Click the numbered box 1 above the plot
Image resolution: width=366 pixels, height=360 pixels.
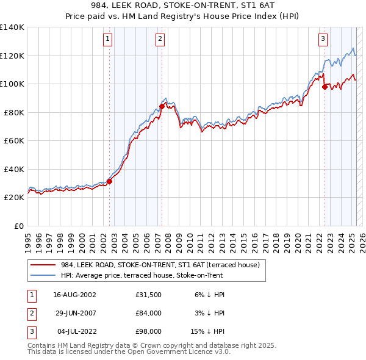pyautogui.click(x=107, y=40)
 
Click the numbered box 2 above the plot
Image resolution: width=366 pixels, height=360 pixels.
pyautogui.click(x=160, y=40)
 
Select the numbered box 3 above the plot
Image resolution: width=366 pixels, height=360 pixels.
pyautogui.click(x=323, y=40)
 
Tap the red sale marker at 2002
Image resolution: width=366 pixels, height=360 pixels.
pyautogui.click(x=110, y=181)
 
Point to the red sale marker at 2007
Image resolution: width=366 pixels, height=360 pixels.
pyautogui.click(x=162, y=106)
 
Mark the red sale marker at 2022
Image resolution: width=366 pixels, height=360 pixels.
pyautogui.click(x=325, y=87)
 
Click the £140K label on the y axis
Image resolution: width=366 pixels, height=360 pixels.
pyautogui.click(x=12, y=27)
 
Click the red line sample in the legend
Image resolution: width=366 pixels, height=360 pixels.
pyautogui.click(x=43, y=265)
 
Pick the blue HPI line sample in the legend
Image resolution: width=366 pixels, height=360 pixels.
pyautogui.click(x=43, y=275)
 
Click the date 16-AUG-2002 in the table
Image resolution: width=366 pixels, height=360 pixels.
pyautogui.click(x=74, y=295)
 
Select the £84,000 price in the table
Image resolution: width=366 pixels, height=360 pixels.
pyautogui.click(x=148, y=313)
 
